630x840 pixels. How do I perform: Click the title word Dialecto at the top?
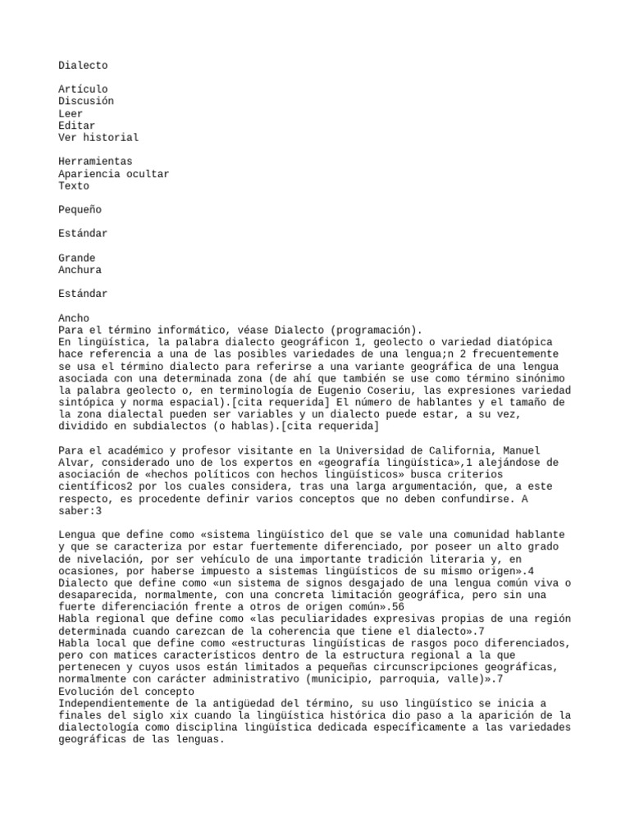coord(83,66)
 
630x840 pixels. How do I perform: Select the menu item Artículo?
coord(83,89)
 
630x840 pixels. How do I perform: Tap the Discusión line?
coord(86,101)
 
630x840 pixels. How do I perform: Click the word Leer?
coord(71,113)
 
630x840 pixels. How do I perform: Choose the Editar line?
coord(76,126)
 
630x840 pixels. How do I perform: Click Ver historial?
coord(98,138)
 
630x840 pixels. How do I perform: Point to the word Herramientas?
coord(95,162)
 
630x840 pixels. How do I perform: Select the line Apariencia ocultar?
coord(114,174)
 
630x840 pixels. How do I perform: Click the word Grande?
coord(76,258)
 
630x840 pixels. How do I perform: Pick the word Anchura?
coord(80,270)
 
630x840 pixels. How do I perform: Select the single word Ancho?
coord(74,318)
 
